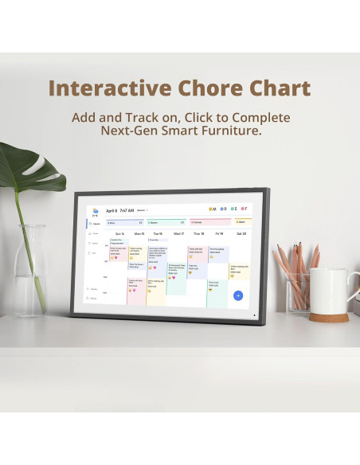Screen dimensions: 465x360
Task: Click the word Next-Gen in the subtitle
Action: click(x=131, y=131)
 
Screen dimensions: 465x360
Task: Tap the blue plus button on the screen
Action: click(x=237, y=295)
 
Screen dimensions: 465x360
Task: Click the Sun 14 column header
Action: click(x=120, y=234)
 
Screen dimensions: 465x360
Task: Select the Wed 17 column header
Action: click(x=178, y=234)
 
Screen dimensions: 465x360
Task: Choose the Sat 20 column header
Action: click(x=241, y=234)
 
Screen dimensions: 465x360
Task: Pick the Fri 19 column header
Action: click(x=219, y=234)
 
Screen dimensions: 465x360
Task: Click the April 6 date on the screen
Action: click(x=113, y=211)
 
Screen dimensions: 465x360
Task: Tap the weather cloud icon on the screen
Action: click(x=96, y=209)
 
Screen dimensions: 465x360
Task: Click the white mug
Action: click(x=327, y=291)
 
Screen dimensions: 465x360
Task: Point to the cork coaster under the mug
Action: click(x=329, y=317)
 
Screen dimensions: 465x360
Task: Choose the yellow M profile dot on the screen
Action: click(x=210, y=209)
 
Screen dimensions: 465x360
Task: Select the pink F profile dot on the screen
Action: click(x=243, y=209)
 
